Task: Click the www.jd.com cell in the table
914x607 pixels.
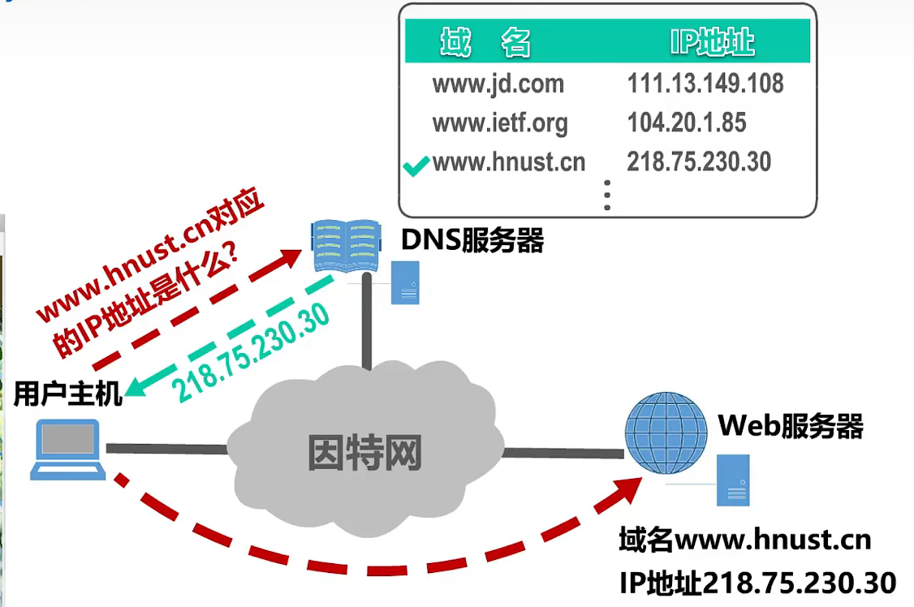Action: [498, 84]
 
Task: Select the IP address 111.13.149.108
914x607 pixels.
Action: [705, 83]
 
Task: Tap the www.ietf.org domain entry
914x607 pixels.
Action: [500, 123]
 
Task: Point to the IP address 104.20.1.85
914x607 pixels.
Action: [687, 123]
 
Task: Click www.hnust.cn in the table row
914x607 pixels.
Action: [509, 162]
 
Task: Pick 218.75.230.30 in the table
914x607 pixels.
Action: [699, 161]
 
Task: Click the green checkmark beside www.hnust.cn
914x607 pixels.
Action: [415, 168]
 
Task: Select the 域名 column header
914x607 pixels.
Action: [485, 42]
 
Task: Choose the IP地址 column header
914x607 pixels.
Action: [712, 42]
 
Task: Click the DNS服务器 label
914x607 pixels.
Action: [472, 240]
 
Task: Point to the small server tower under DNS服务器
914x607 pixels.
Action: [405, 283]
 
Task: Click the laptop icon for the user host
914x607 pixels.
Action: [69, 450]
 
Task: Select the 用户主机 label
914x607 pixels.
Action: [68, 395]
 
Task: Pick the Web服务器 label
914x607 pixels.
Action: [790, 425]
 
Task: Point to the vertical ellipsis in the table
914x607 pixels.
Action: [606, 195]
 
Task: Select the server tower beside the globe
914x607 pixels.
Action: [732, 480]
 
